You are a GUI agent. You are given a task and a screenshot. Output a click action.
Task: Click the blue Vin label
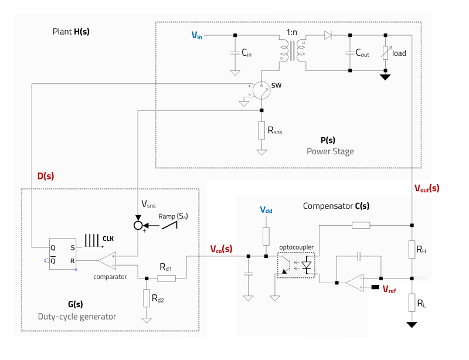pos(197,36)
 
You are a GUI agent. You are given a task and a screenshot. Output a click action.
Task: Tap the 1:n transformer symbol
pos(293,50)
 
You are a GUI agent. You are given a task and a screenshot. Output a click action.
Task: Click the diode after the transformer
pos(328,36)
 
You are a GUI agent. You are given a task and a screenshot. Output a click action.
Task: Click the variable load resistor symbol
pos(385,53)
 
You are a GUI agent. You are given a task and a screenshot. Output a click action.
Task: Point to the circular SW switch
pos(262,90)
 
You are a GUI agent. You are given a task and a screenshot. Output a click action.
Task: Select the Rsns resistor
pos(261,131)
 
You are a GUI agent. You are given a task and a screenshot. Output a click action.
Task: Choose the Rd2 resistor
pos(146,298)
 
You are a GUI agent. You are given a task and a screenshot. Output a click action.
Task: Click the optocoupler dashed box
pos(296,265)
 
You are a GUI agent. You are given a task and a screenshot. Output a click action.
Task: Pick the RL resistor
pos(412,303)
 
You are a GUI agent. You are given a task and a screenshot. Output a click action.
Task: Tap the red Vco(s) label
pos(221,249)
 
